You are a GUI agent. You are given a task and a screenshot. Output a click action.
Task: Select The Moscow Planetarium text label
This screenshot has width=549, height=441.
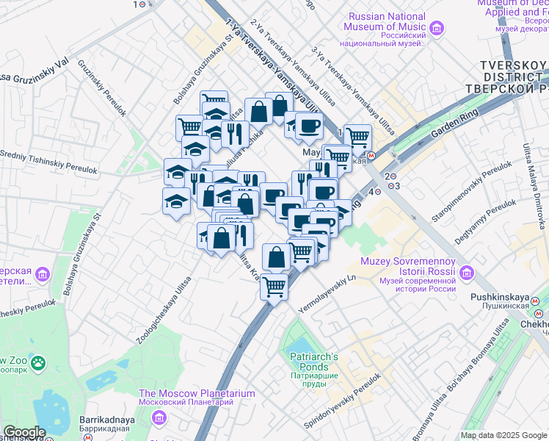click(197, 393)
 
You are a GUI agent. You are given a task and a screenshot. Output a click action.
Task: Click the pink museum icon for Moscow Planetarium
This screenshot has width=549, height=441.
click(159, 417)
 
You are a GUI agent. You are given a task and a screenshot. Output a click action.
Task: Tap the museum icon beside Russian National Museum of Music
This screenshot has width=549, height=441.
click(437, 28)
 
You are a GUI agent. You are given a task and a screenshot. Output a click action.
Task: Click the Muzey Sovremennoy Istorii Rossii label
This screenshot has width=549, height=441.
click(408, 268)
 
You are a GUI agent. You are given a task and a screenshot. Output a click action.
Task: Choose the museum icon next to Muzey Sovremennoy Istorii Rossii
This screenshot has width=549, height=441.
click(465, 274)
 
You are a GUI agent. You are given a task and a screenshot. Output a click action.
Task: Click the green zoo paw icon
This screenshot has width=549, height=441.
click(38, 362)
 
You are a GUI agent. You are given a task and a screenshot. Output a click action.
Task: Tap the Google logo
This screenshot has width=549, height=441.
click(24, 433)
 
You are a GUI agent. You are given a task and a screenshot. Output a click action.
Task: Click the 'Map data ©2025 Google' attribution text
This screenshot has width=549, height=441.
click(503, 435)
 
